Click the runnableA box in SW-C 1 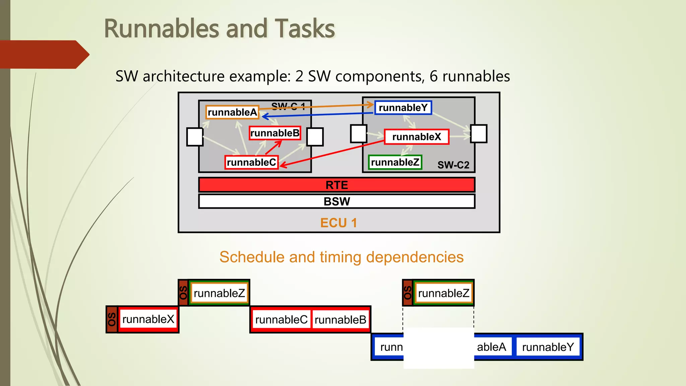pyautogui.click(x=232, y=112)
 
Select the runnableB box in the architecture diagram pyautogui.click(x=275, y=133)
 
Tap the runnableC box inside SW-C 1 pyautogui.click(x=251, y=163)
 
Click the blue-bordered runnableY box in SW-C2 pyautogui.click(x=403, y=108)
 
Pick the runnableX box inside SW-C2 pyautogui.click(x=416, y=137)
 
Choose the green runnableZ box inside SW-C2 pyautogui.click(x=395, y=163)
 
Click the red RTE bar pyautogui.click(x=337, y=185)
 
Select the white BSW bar pyautogui.click(x=337, y=201)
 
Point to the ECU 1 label pyautogui.click(x=338, y=223)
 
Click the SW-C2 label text pyautogui.click(x=453, y=165)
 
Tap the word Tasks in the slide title pyautogui.click(x=304, y=29)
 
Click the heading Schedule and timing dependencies pyautogui.click(x=341, y=257)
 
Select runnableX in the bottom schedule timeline pyautogui.click(x=148, y=319)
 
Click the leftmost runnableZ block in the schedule pyautogui.click(x=219, y=293)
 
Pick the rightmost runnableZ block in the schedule pyautogui.click(x=443, y=293)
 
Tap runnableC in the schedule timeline pyautogui.click(x=281, y=320)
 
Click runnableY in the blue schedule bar pyautogui.click(x=548, y=347)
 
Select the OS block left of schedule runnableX pyautogui.click(x=112, y=319)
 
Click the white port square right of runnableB pyautogui.click(x=315, y=137)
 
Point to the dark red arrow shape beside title pyautogui.click(x=44, y=54)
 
